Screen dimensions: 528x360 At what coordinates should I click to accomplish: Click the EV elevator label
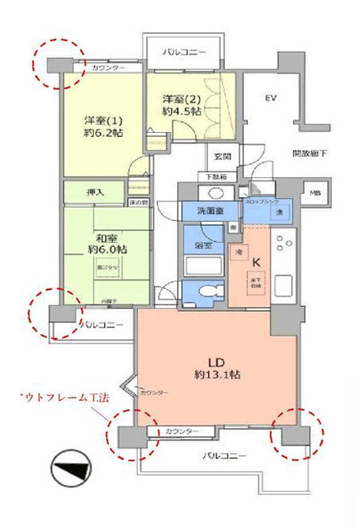[x=269, y=98]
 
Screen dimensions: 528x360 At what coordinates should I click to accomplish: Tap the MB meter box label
[x=315, y=194]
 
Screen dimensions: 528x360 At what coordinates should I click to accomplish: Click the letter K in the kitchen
[x=256, y=263]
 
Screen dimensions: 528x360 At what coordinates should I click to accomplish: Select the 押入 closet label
[x=96, y=192]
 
